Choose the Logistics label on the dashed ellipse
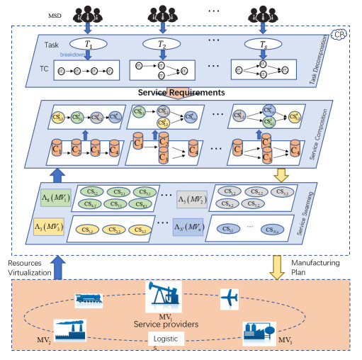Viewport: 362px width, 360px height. (x=167, y=343)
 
